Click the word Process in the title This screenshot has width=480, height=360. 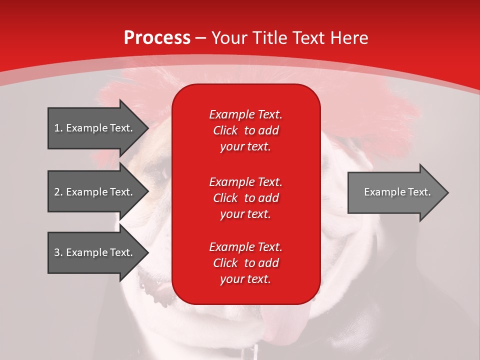coord(157,38)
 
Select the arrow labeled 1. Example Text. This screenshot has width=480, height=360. coord(95,128)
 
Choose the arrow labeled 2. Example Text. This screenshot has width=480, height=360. coord(95,192)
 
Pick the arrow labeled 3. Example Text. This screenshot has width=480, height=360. coord(95,252)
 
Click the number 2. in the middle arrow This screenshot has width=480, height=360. coord(58,192)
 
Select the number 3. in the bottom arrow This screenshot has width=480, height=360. coord(58,252)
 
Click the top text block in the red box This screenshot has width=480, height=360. coord(245,130)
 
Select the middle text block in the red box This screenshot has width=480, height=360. coord(245,198)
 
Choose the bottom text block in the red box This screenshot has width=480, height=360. coord(245,263)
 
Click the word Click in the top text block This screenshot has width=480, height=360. coord(225,130)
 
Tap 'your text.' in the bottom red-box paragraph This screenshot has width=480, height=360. coord(245,279)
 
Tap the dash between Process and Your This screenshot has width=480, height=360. coord(201,38)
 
